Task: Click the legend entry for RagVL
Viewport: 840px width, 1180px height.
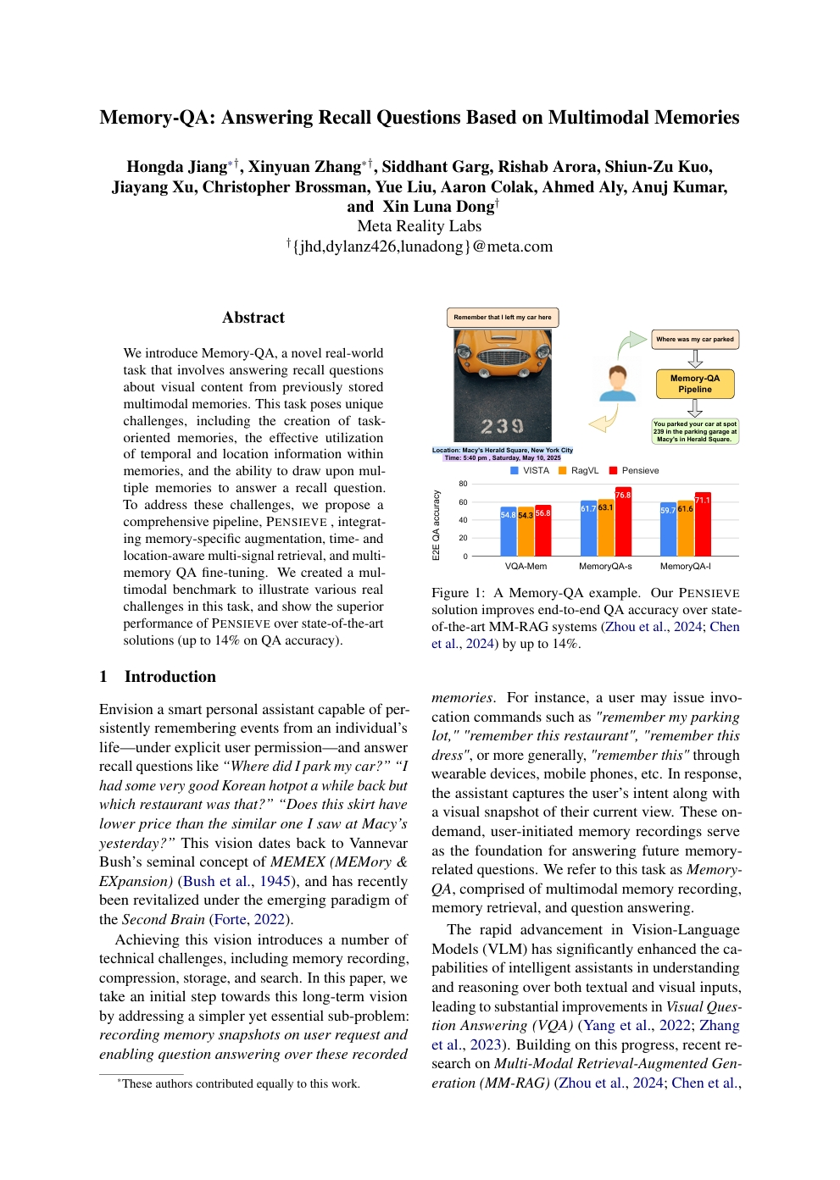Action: coord(578,471)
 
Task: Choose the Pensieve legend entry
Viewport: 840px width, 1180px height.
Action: coord(633,471)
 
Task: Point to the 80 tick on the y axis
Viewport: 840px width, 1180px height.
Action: coord(463,484)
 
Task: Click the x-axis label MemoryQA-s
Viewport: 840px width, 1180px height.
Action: coord(605,567)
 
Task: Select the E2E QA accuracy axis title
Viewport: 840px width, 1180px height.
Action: coord(437,525)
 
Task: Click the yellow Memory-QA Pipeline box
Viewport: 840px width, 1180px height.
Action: coord(694,384)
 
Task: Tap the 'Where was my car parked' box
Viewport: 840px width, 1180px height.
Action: coord(694,340)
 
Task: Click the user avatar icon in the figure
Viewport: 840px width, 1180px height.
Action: coord(617,384)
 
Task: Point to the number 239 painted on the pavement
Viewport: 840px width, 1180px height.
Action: coord(502,426)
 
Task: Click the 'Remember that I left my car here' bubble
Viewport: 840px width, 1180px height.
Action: coord(502,318)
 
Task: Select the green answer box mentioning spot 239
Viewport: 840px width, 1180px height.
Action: coord(694,431)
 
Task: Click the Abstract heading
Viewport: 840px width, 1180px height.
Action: coord(253,318)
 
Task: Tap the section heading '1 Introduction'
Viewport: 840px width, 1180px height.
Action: coord(158,677)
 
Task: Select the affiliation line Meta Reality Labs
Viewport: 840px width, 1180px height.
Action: coord(419,226)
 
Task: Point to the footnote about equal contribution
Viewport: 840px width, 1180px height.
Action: coord(239,1084)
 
